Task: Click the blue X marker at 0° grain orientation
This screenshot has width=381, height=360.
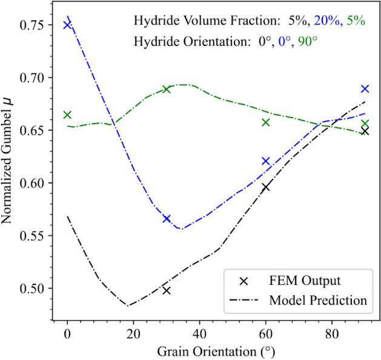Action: [x=68, y=25]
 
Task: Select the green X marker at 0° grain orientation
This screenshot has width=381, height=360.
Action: [x=67, y=115]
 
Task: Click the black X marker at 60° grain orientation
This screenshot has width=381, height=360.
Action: [x=265, y=187]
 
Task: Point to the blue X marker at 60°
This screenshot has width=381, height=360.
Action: [x=265, y=161]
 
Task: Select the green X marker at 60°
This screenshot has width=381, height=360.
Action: [x=265, y=122]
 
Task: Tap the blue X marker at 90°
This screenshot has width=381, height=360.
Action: [x=365, y=88]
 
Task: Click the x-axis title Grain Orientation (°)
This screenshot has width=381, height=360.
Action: [x=216, y=351]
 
